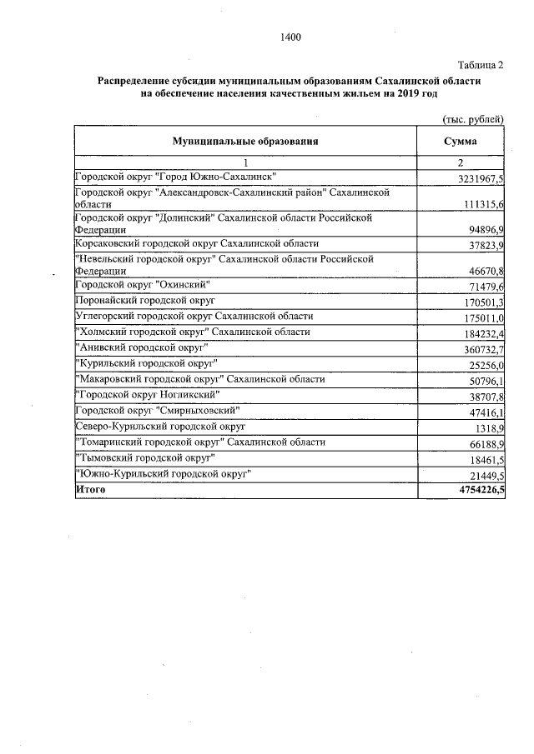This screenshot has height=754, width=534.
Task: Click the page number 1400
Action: (290, 37)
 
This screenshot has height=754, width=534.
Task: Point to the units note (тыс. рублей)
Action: (473, 120)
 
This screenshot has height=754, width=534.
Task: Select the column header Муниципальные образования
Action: (245, 142)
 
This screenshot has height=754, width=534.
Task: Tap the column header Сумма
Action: (461, 142)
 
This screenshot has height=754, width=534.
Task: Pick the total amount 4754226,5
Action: (473, 492)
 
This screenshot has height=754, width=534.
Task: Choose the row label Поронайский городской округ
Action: (145, 300)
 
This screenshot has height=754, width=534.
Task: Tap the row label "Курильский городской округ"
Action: (147, 363)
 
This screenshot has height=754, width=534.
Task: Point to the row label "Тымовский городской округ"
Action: (146, 458)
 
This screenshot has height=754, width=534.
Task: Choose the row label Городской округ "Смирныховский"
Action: (158, 411)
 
